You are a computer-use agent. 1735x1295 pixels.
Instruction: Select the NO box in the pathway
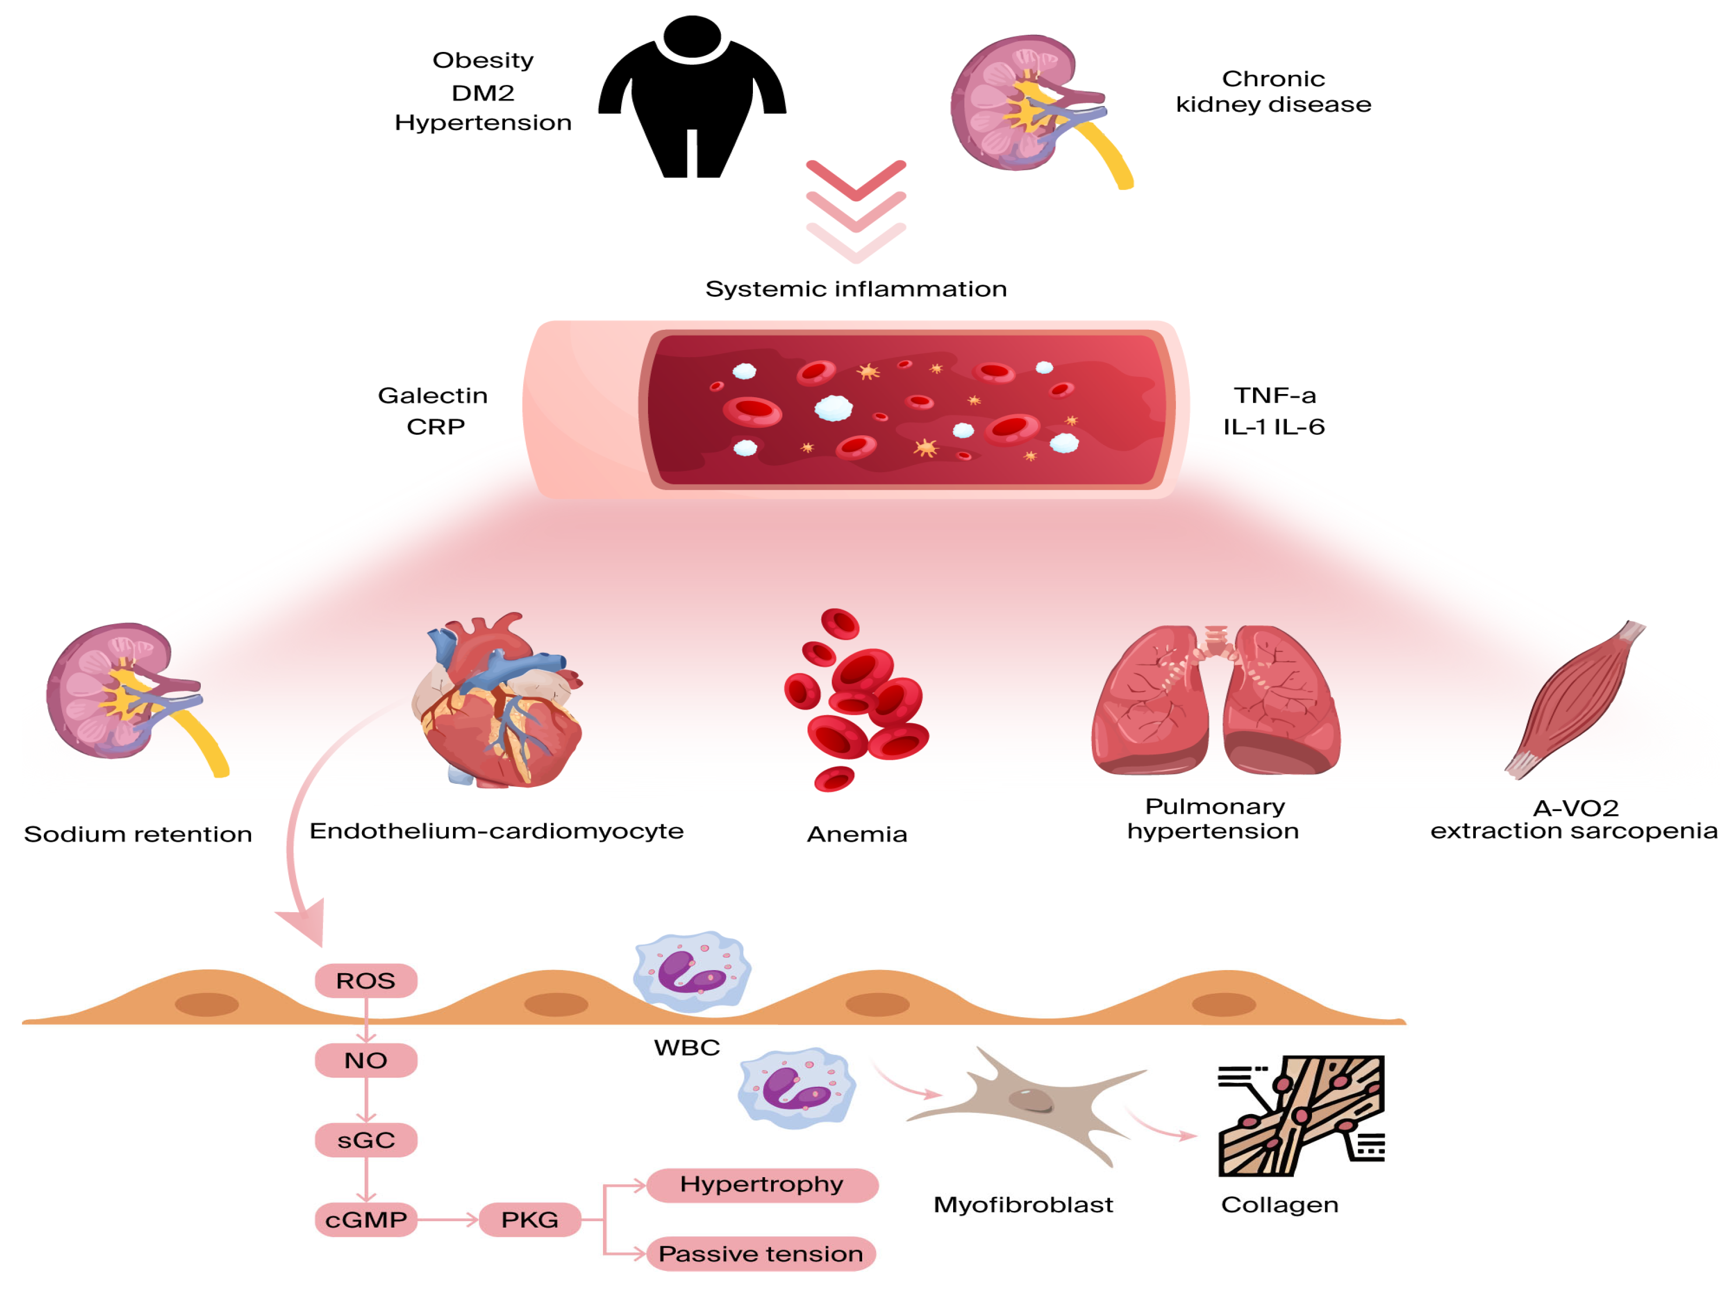pos(365,1060)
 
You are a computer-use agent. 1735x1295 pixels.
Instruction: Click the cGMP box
pos(365,1219)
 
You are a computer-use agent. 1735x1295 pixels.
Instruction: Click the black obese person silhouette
pos(691,98)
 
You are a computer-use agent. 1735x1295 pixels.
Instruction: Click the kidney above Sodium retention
pos(125,694)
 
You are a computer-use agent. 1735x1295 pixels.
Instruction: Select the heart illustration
pos(498,706)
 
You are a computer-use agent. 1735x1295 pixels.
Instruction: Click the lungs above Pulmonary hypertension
pos(1214,702)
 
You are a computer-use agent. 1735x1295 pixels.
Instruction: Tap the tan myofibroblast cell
pos(1027,1101)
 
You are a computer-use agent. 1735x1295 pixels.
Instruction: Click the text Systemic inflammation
pos(855,289)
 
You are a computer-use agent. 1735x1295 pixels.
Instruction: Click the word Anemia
pos(856,834)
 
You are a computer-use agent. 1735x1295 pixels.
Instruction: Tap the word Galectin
pos(433,395)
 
